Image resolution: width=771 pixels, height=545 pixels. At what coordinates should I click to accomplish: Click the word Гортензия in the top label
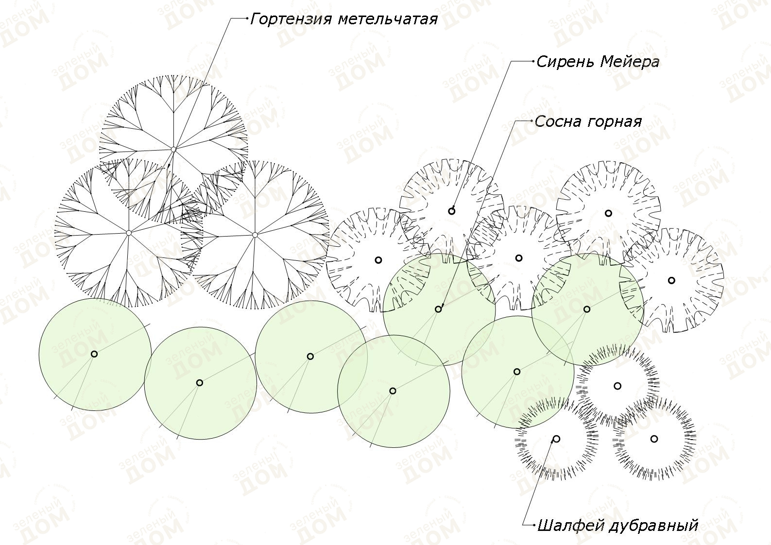point(291,19)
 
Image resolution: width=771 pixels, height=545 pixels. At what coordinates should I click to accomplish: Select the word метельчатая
point(388,19)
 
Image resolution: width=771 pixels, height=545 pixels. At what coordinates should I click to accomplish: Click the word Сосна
point(558,121)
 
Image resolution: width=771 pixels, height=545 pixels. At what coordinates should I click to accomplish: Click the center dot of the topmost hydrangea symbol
point(173,149)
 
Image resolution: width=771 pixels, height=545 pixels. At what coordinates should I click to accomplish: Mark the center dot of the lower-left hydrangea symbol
point(129,233)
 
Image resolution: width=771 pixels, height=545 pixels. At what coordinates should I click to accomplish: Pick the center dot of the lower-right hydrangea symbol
point(255,235)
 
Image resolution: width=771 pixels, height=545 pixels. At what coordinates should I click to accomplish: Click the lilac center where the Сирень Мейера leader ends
point(452,211)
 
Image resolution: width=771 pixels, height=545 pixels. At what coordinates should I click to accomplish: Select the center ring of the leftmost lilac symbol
point(378,260)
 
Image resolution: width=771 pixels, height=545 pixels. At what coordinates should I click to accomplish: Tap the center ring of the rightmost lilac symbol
point(671,280)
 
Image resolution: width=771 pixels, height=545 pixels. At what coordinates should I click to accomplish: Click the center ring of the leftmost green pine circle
point(94,354)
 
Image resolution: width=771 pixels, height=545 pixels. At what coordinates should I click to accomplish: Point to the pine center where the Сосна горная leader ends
point(438,309)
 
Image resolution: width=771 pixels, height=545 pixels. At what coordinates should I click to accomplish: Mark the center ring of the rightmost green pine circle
point(587,309)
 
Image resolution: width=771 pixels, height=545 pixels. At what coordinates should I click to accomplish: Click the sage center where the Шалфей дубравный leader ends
point(556,439)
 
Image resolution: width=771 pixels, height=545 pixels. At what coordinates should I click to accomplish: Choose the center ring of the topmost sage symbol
point(617,386)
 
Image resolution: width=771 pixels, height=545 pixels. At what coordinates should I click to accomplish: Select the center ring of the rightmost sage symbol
point(654,439)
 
